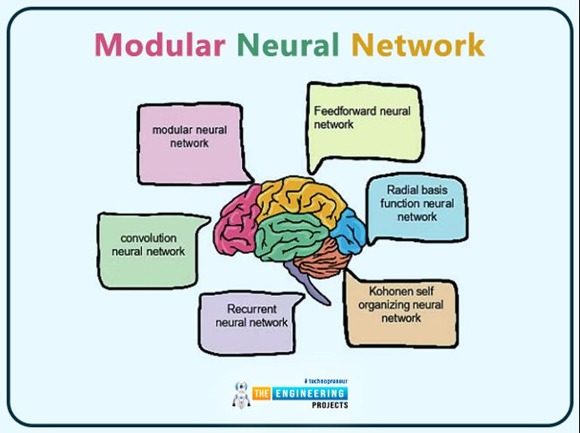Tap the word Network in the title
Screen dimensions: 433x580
(417, 45)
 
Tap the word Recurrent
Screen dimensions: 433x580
(251, 309)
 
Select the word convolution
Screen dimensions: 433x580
(148, 238)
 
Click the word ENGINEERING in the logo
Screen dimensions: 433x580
(310, 394)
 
